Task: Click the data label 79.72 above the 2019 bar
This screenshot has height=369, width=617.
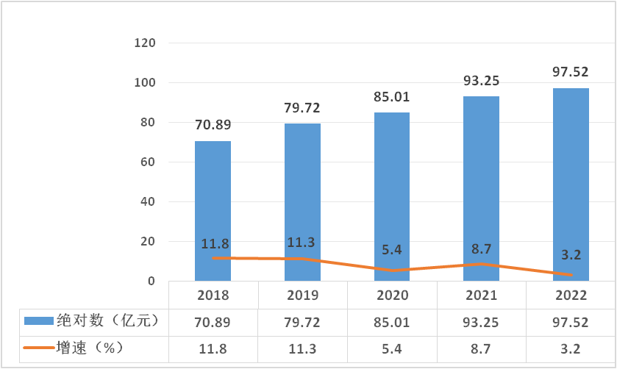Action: pyautogui.click(x=302, y=109)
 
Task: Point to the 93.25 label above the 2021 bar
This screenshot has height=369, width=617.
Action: pyautogui.click(x=482, y=81)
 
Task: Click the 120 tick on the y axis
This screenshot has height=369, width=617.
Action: pyautogui.click(x=145, y=43)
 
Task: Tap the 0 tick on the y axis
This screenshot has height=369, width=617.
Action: pyautogui.click(x=151, y=281)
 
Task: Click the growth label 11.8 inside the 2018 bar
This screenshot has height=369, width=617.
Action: pyautogui.click(x=213, y=243)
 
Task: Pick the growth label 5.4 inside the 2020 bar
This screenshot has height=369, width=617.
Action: pyautogui.click(x=392, y=250)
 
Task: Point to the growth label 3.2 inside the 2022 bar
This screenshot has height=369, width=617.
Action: pyautogui.click(x=571, y=255)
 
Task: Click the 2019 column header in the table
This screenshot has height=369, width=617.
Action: pyautogui.click(x=302, y=296)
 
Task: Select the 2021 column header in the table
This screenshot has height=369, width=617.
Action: pyautogui.click(x=482, y=296)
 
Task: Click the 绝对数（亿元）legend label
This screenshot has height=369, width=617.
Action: pyautogui.click(x=107, y=320)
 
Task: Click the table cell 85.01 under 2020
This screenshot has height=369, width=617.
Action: pyautogui.click(x=392, y=321)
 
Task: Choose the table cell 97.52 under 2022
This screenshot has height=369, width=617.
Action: pyautogui.click(x=571, y=321)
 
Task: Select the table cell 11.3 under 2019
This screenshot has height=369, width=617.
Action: pyautogui.click(x=302, y=347)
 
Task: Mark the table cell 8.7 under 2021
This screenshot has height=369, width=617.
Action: pyautogui.click(x=482, y=347)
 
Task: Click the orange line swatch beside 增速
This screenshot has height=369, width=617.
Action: pyautogui.click(x=38, y=348)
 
